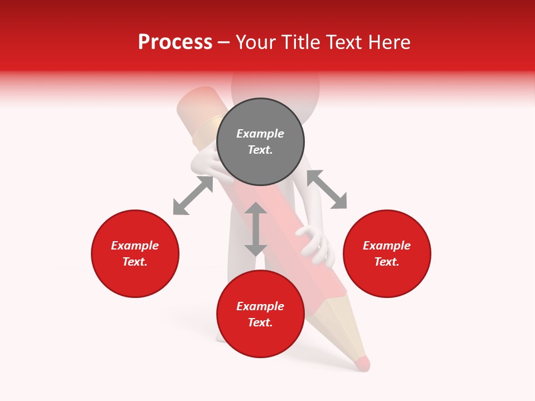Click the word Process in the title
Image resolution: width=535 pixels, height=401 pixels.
(x=175, y=42)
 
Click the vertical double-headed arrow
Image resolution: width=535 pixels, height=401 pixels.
(x=256, y=229)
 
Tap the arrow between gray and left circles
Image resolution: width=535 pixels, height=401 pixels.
(x=193, y=195)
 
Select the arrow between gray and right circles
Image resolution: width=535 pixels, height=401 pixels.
(x=327, y=189)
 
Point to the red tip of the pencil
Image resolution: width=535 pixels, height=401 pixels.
(x=362, y=363)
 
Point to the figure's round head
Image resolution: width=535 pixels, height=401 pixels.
(x=275, y=84)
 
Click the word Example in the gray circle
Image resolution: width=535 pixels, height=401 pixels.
(x=260, y=134)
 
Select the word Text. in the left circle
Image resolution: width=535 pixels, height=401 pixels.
(x=135, y=262)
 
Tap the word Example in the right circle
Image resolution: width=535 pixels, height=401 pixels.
(x=387, y=246)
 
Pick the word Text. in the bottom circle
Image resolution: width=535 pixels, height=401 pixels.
(x=260, y=322)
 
